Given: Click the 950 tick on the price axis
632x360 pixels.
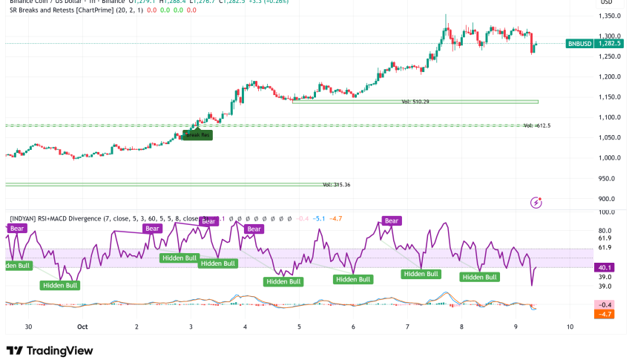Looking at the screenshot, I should [x=607, y=178].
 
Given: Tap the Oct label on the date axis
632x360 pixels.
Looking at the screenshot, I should [x=83, y=326].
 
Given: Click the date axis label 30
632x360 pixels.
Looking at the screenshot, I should [x=27, y=326].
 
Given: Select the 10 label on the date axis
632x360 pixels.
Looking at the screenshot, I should [x=570, y=326].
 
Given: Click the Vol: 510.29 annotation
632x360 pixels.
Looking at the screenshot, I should [x=416, y=102].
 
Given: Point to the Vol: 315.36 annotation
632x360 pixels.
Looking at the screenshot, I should [x=336, y=184].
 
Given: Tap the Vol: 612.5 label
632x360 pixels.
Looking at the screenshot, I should [x=537, y=126].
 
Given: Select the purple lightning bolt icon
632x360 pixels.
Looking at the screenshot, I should [x=537, y=202].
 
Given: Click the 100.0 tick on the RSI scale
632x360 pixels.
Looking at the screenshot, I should [x=608, y=212].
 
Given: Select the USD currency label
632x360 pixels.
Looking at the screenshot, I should [x=607, y=2].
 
